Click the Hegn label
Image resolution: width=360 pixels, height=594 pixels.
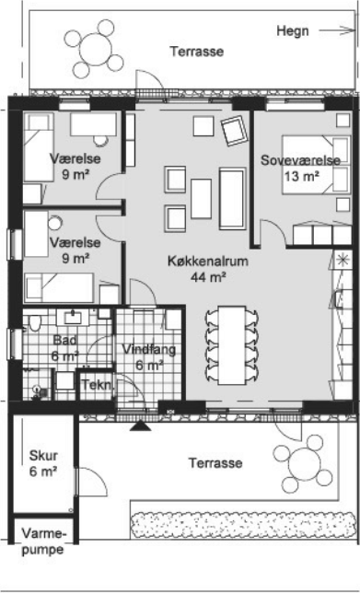[x=293, y=31]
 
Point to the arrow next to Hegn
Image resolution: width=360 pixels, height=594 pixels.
[x=336, y=30]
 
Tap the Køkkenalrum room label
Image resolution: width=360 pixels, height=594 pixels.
[x=208, y=261]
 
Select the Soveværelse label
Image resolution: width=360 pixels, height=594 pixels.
[x=300, y=160]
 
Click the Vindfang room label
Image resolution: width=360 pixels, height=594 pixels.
[x=149, y=349]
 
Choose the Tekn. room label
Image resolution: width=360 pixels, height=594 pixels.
[x=97, y=385]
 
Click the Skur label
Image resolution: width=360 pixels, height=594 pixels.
[x=43, y=455]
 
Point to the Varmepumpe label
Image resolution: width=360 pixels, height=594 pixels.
[x=43, y=542]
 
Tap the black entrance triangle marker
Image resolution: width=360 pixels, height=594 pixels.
[x=141, y=425]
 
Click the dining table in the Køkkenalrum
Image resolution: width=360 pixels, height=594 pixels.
[x=232, y=345]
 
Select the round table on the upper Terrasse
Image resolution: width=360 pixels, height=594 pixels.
[x=96, y=49]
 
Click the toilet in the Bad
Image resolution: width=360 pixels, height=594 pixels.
[x=34, y=323]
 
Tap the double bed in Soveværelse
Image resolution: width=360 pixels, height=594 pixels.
[x=316, y=165]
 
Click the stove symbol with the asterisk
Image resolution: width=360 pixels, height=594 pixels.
[x=343, y=260]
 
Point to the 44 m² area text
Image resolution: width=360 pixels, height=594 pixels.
[x=208, y=277]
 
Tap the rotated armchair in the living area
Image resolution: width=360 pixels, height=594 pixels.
[x=235, y=131]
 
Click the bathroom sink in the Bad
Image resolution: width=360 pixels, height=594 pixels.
[x=73, y=318]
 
